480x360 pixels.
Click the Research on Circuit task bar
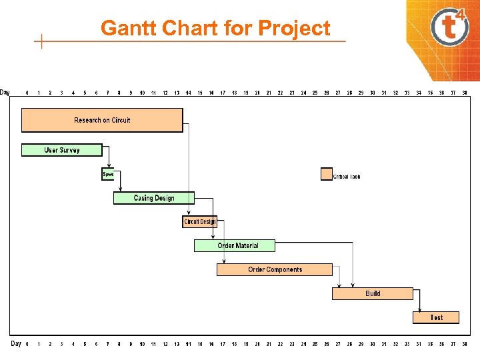(102, 120)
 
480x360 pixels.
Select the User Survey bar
(62, 150)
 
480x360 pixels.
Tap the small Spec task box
(108, 174)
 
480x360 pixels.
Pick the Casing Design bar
(153, 198)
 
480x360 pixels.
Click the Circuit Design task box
(200, 222)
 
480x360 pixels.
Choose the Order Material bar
(235, 246)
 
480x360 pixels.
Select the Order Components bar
(275, 270)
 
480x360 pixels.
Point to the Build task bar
(373, 293)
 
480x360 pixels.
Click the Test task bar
(436, 317)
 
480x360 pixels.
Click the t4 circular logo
(450, 28)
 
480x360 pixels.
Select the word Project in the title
(294, 29)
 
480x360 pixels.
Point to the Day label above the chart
(5, 92)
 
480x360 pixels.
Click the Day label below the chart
(17, 343)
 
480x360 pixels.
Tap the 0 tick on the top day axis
(27, 93)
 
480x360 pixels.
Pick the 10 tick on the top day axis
(142, 93)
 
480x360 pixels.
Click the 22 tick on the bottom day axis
(280, 344)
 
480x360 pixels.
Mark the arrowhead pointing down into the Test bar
(419, 309)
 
